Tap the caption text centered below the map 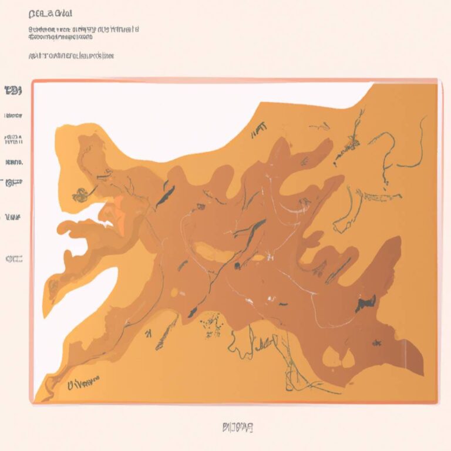[x=238, y=426]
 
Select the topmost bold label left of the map [x=13, y=90]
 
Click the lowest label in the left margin [x=14, y=258]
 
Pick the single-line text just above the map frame [x=70, y=56]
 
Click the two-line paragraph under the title [x=82, y=32]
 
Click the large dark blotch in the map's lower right [x=366, y=302]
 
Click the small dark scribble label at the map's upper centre [x=258, y=130]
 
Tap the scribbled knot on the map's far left [x=81, y=192]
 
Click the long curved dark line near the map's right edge [x=419, y=144]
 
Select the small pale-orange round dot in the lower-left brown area [x=174, y=292]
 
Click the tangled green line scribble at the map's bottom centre [x=258, y=344]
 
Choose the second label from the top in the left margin [x=13, y=116]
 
